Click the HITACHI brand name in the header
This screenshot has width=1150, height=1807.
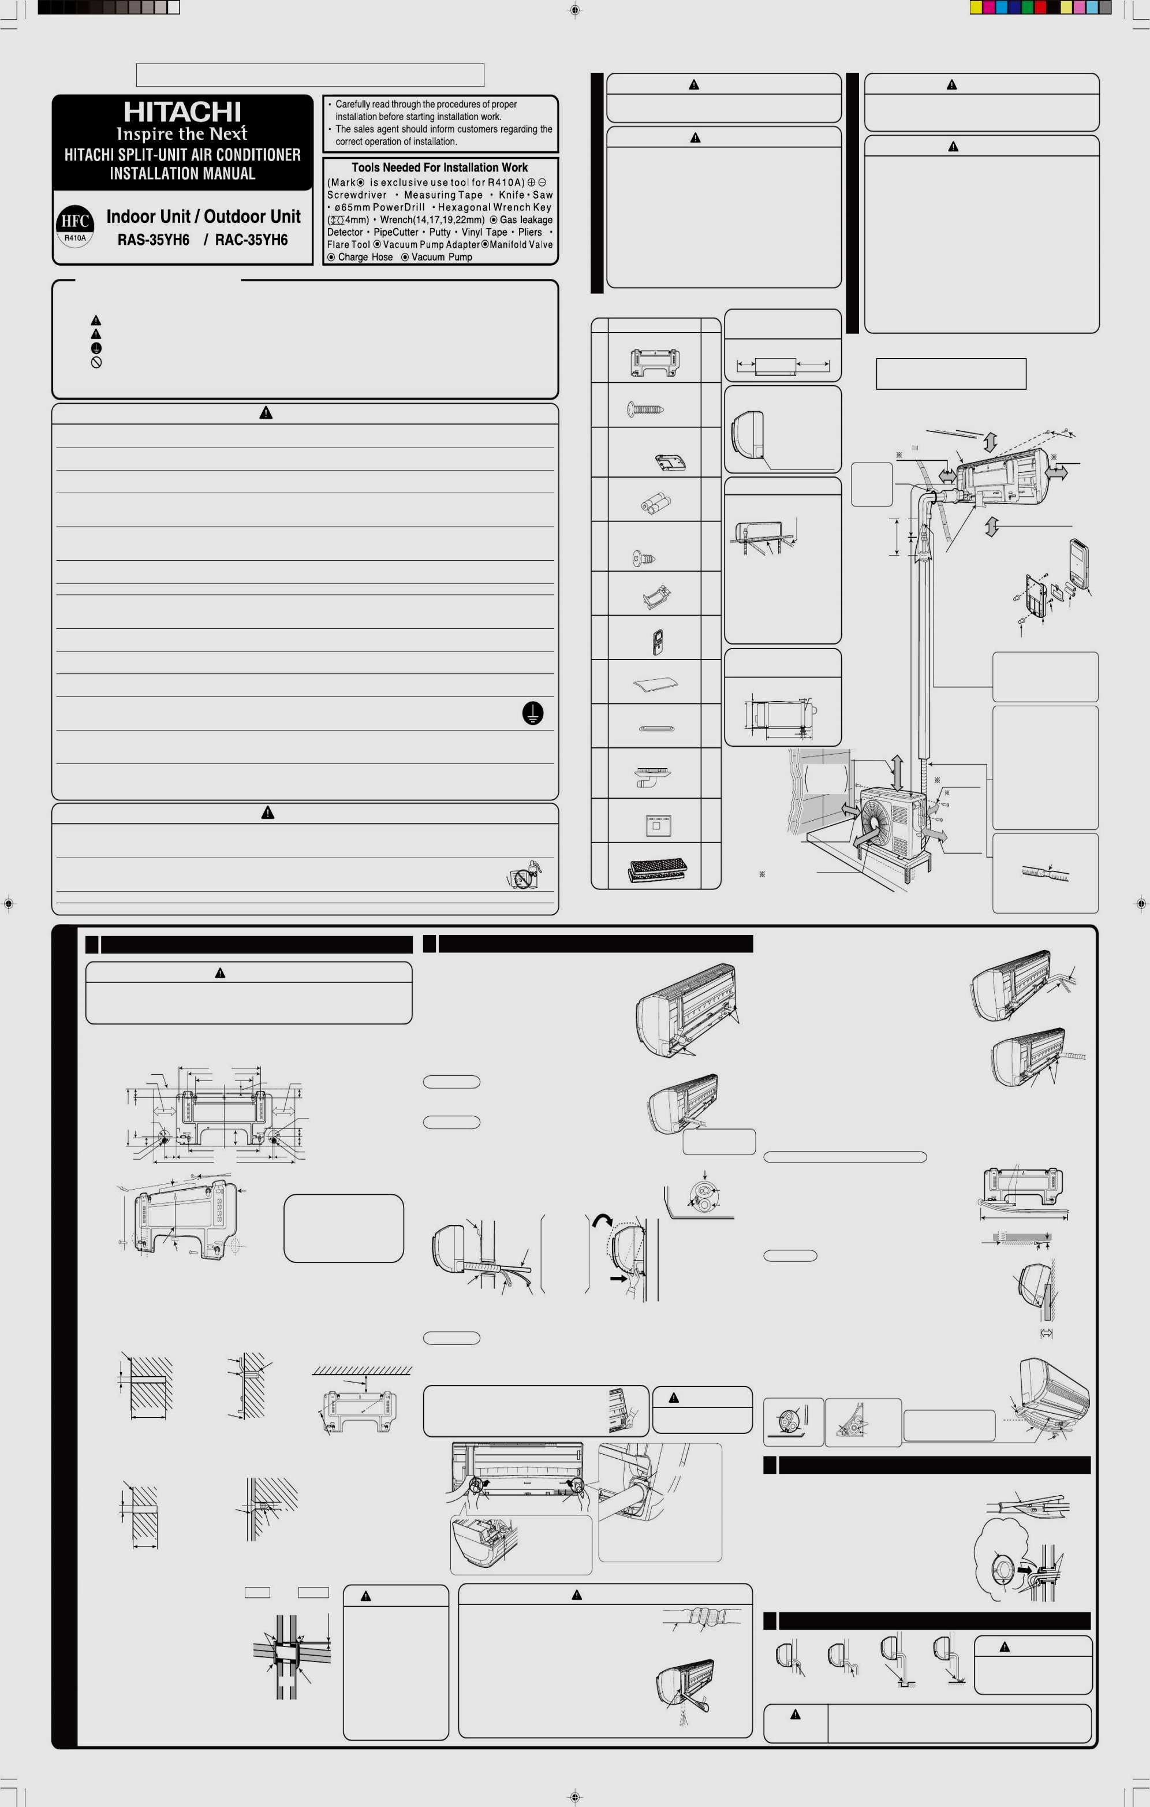click(x=182, y=112)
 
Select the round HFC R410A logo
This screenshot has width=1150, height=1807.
click(x=75, y=226)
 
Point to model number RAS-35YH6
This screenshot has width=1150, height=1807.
click(x=153, y=240)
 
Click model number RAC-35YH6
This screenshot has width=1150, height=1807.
click(x=251, y=240)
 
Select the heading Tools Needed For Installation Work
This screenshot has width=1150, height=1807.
click(x=439, y=167)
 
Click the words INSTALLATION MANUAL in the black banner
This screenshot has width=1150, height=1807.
click(x=182, y=173)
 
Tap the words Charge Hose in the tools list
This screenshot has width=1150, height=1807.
click(x=365, y=256)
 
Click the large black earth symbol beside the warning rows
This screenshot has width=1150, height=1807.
click(x=533, y=713)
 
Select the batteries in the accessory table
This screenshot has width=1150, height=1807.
click(x=655, y=503)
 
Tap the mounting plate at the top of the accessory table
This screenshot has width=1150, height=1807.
click(x=655, y=363)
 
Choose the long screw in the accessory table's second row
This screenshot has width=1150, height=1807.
click(x=645, y=409)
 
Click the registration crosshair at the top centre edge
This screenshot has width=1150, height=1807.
click(x=574, y=10)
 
